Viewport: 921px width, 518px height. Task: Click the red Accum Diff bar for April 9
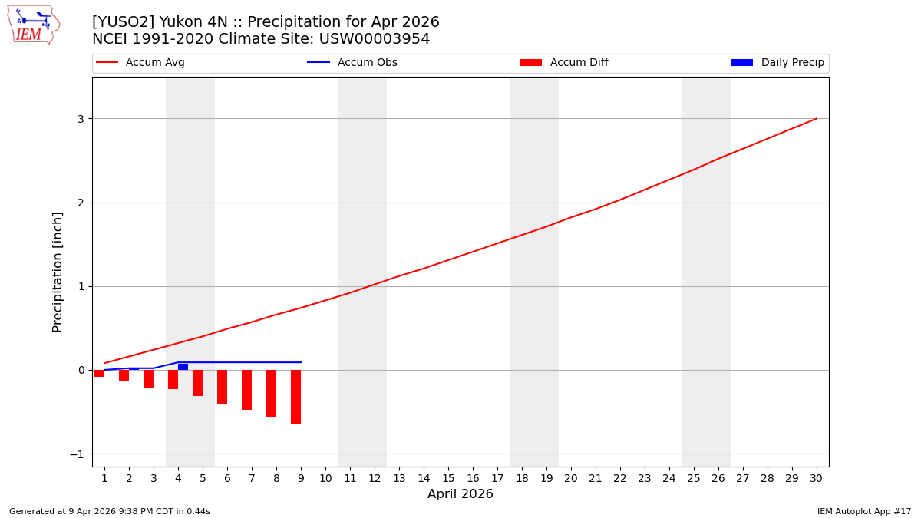[295, 397]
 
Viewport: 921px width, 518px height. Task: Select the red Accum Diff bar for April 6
[222, 387]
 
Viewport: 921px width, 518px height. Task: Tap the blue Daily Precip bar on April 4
[183, 367]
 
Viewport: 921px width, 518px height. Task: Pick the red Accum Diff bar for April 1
[99, 373]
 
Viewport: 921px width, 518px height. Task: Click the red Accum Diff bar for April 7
[246, 390]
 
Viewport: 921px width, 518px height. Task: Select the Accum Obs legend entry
[352, 63]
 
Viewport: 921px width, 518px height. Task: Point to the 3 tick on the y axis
[80, 119]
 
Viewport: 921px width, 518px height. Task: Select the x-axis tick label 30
[817, 478]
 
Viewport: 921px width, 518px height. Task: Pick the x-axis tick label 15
[448, 478]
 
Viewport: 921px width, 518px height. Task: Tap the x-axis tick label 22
[620, 478]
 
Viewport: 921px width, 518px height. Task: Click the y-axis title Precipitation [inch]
[58, 272]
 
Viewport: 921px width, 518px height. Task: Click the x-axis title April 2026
[460, 494]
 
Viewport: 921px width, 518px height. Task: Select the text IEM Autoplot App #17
[864, 511]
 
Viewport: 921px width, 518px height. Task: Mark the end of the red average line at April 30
[817, 118]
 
